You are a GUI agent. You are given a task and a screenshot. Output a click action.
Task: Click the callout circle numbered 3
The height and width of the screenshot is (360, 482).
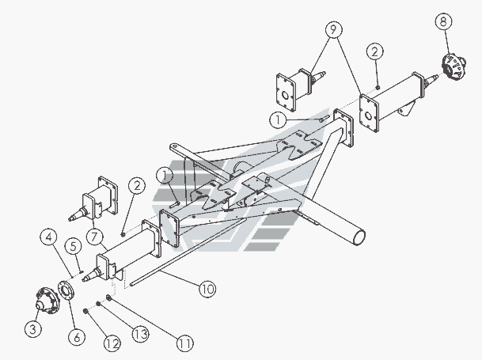(x=33, y=328)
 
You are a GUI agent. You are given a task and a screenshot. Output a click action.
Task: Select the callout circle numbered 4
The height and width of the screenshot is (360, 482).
(x=48, y=237)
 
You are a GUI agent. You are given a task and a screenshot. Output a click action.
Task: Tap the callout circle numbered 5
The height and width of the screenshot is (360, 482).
(x=73, y=246)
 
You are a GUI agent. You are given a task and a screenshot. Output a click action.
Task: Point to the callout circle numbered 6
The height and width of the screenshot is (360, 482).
(x=77, y=337)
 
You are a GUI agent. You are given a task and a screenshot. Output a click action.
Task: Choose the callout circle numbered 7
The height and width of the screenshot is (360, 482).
(x=95, y=237)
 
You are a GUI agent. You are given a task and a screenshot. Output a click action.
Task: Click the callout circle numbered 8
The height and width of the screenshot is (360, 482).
(x=443, y=21)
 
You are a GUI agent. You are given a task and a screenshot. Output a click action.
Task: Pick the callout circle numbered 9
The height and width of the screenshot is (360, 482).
(x=333, y=29)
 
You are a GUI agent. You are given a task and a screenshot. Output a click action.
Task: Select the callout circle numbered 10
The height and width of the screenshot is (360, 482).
(x=207, y=289)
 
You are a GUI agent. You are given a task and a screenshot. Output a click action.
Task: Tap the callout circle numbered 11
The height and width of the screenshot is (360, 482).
(x=185, y=343)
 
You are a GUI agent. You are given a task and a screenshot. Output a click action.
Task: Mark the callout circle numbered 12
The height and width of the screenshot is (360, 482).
(x=112, y=343)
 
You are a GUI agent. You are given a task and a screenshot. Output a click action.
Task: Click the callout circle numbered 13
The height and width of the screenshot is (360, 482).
(x=140, y=334)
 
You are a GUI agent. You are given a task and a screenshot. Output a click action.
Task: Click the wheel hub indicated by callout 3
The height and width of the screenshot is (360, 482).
(x=47, y=301)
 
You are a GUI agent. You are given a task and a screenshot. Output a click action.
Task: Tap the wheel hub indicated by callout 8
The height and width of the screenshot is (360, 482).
(x=454, y=66)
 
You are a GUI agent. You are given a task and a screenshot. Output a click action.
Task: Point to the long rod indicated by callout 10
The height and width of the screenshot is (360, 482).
(x=188, y=252)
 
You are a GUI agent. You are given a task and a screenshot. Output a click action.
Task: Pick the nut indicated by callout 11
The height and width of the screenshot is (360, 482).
(x=108, y=297)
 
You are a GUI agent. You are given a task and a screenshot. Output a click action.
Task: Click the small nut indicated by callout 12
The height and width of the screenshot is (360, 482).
(x=85, y=312)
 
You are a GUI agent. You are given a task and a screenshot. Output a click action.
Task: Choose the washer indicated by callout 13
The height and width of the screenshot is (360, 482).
(x=98, y=304)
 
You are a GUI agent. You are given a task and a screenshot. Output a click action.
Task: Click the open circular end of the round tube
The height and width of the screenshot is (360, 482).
(x=359, y=237)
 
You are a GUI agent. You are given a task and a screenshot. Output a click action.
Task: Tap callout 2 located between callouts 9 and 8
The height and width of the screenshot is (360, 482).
(x=374, y=51)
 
